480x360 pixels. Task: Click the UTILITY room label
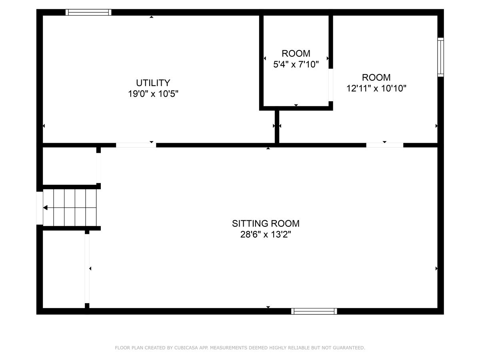coord(153,83)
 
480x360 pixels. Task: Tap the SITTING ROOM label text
coord(266,223)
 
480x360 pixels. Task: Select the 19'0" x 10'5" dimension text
coord(153,94)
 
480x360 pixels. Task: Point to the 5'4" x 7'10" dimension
coord(296,64)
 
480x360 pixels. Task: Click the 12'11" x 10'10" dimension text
coord(376,88)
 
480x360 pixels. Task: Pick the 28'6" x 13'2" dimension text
coord(266,234)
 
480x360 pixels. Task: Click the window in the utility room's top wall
coord(88,12)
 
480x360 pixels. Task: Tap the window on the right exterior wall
coord(440,57)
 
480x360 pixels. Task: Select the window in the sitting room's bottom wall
coord(314,311)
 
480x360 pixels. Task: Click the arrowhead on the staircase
coord(45,208)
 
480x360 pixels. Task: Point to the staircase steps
coord(70,208)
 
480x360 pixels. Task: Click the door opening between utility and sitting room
coord(136,145)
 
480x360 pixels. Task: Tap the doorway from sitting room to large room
coord(385,145)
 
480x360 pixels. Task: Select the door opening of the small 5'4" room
coord(331,85)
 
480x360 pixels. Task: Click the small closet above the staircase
coord(70,166)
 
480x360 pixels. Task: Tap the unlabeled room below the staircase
coord(64,269)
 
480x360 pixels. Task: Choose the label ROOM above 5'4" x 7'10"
coord(296,53)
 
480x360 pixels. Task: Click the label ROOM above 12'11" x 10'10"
coord(376,77)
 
